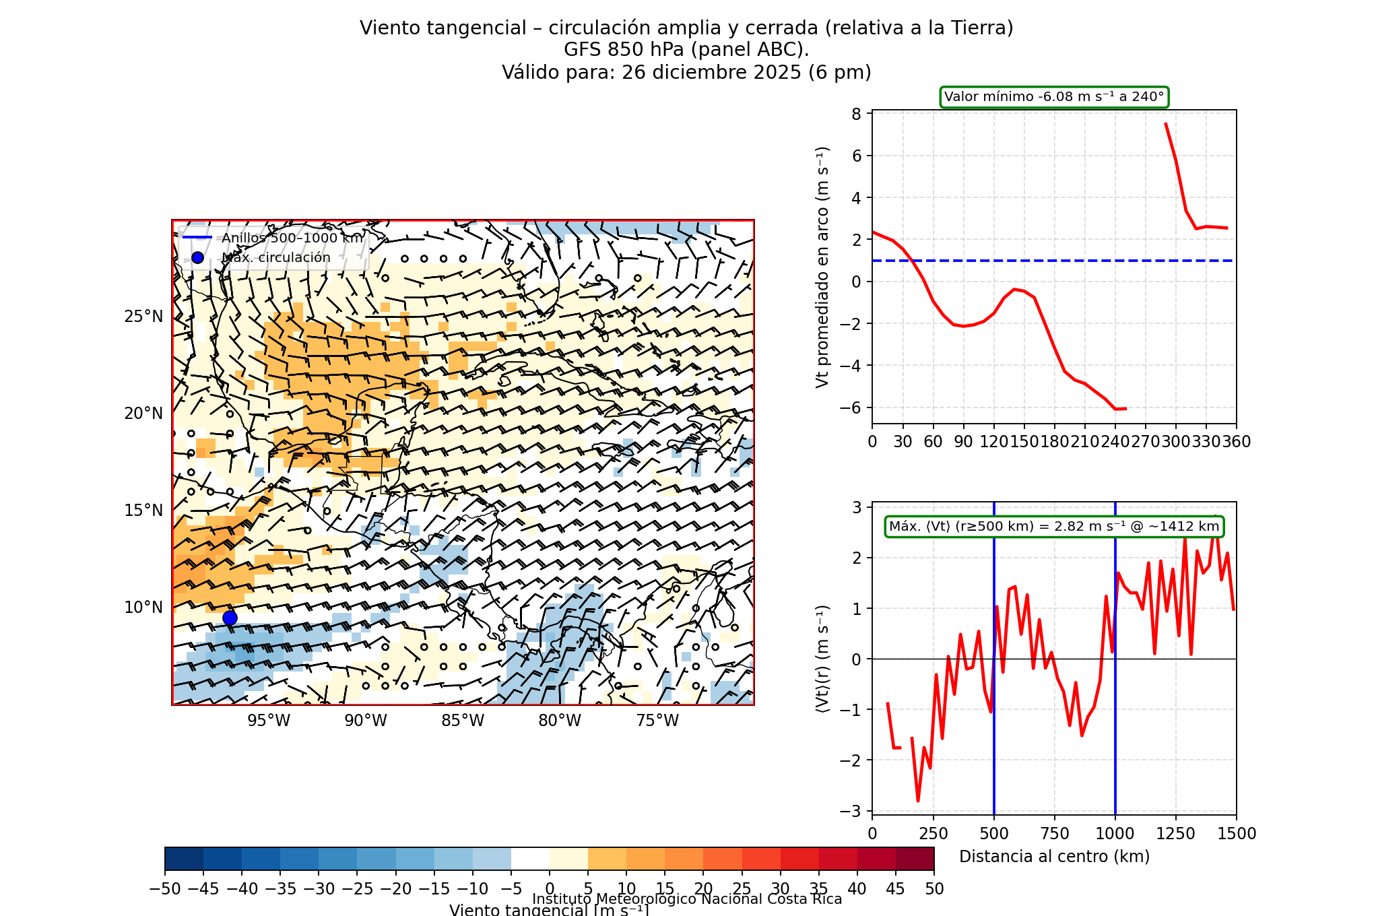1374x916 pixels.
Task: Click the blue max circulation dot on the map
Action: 230,618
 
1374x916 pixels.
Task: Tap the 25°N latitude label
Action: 143,317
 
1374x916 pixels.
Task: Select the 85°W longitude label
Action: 463,721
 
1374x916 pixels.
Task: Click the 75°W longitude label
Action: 657,721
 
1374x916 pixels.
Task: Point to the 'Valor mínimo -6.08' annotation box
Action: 1054,97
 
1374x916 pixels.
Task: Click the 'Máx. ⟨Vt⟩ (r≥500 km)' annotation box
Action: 1054,527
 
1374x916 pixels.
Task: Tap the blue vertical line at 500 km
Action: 994,741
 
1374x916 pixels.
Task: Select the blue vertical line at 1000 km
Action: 1115,741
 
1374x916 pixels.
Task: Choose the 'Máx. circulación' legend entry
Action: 276,257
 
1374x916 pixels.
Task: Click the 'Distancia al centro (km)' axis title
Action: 1054,857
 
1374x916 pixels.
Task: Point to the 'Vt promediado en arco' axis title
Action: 822,267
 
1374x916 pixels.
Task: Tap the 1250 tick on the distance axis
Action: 1176,834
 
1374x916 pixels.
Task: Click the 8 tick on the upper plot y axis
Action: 857,114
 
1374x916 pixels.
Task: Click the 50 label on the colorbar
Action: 934,889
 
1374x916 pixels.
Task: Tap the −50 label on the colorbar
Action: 165,889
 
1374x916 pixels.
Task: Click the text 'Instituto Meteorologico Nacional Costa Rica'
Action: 687,899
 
